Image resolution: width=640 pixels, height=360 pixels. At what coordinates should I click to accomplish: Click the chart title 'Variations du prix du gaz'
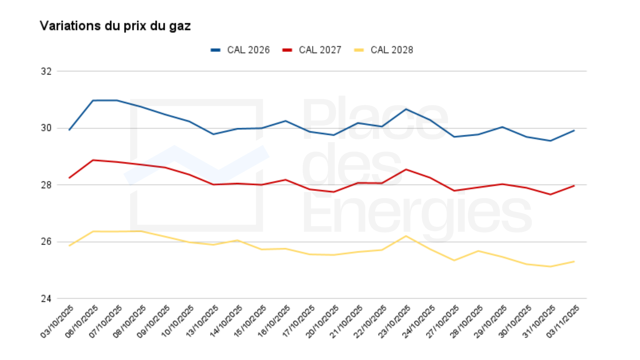click(115, 26)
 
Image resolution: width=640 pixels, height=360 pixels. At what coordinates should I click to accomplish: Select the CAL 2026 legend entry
click(241, 50)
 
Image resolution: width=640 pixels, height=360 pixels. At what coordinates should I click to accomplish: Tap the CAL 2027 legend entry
click(312, 50)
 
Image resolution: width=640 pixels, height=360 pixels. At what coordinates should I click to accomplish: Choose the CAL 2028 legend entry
click(384, 50)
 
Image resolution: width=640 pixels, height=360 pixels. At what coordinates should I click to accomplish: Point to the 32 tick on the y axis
click(46, 71)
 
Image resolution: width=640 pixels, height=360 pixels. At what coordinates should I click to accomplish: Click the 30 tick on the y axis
click(46, 128)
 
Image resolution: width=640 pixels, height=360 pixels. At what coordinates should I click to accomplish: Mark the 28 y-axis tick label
click(46, 185)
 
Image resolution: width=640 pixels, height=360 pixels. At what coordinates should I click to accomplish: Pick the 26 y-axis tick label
click(46, 242)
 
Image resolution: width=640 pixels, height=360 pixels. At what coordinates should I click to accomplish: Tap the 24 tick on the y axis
click(46, 299)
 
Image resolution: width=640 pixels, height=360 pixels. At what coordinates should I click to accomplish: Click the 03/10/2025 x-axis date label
click(57, 321)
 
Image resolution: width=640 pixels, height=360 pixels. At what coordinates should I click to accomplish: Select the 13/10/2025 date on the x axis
click(202, 321)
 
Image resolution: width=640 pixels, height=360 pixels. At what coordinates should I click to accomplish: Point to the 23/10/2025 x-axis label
click(395, 321)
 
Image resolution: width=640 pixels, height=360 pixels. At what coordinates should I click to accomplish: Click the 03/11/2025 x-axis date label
click(563, 321)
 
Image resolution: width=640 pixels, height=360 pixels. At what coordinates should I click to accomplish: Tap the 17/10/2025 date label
click(298, 321)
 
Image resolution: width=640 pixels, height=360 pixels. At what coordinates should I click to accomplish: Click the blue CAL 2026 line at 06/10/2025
click(93, 100)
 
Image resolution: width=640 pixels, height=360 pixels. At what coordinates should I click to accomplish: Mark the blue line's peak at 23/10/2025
click(406, 109)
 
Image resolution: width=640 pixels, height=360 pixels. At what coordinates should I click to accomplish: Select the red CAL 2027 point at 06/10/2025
click(93, 160)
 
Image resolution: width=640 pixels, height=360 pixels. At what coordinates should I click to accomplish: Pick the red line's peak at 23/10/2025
click(406, 169)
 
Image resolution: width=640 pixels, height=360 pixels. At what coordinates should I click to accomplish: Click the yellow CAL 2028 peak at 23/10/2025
click(406, 236)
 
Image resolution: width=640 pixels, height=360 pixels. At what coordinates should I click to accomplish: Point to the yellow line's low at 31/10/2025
click(550, 266)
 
